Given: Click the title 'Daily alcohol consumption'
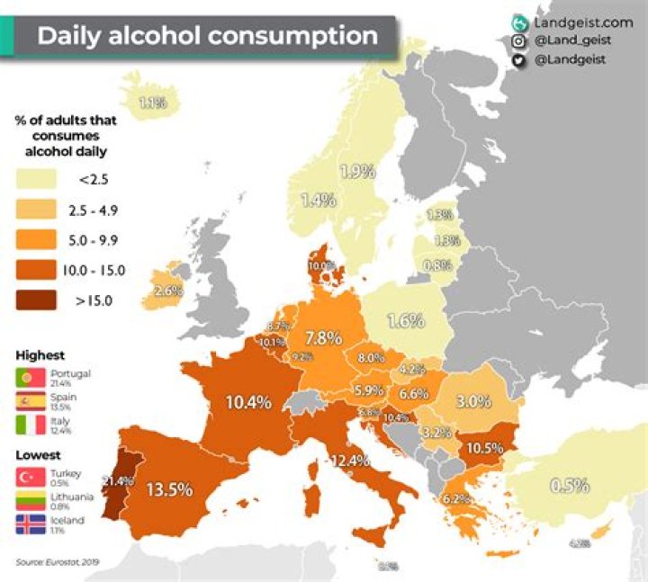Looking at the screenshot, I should (206, 36).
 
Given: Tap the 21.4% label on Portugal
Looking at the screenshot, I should (119, 481).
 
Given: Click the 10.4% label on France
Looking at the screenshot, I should (248, 402).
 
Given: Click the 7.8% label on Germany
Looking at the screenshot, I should (323, 338).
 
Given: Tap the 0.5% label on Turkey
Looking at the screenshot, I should (569, 485).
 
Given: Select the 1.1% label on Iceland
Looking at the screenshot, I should (152, 103).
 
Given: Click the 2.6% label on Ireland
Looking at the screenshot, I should (168, 291).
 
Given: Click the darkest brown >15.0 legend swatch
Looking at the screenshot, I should (36, 300).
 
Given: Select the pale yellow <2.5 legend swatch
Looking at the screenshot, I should (36, 180).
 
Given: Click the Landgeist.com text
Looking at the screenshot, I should (577, 22).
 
